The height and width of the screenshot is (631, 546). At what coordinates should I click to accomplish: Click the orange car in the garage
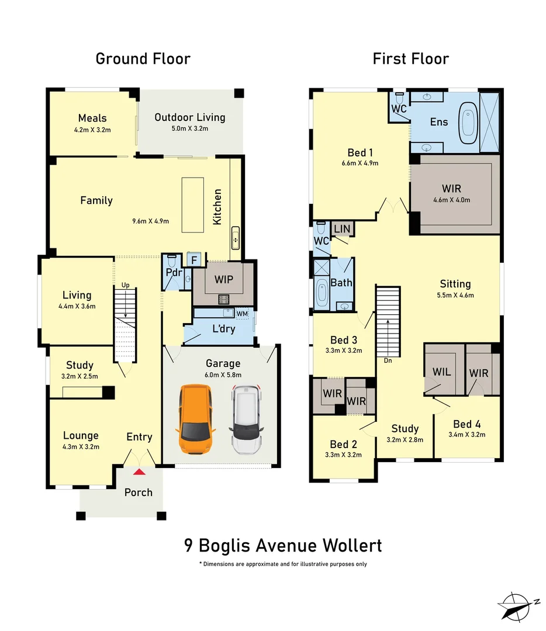[196, 419]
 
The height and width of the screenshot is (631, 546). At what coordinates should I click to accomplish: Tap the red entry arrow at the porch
[139, 471]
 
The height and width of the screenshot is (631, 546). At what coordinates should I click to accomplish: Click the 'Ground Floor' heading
[143, 58]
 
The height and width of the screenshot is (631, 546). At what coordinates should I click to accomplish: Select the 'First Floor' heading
[410, 58]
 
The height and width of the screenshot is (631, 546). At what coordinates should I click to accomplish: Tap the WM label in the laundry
[243, 314]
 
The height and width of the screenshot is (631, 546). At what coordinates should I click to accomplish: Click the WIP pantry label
[223, 279]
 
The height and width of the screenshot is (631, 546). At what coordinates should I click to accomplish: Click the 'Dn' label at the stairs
[387, 360]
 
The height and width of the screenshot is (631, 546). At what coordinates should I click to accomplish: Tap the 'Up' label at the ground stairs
[125, 285]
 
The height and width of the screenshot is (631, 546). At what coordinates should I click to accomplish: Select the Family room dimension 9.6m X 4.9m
[151, 221]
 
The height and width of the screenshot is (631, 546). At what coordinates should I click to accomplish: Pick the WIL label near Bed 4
[442, 372]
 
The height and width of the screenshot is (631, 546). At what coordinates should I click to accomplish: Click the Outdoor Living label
[189, 117]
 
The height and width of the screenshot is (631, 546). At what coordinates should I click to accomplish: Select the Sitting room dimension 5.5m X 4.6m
[456, 295]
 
